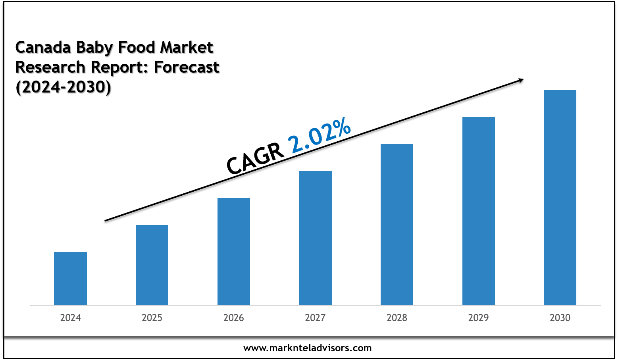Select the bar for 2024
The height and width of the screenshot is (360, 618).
coord(70,278)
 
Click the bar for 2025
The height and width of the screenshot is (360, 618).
coord(152,265)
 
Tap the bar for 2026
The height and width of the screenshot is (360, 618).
coord(234,251)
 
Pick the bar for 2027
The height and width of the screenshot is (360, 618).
coord(315,238)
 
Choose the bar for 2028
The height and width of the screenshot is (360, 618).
coord(397,224)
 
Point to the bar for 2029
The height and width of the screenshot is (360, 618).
coord(479,211)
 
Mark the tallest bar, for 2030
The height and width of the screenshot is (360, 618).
coord(560,197)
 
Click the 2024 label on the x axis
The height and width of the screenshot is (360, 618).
coord(70,318)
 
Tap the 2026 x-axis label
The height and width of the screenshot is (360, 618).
coord(234,318)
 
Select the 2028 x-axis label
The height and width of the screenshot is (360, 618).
coord(397,318)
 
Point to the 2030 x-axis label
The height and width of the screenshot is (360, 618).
coord(560,318)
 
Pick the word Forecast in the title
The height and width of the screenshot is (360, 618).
coord(187,67)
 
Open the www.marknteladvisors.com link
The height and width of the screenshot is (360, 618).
coord(308,348)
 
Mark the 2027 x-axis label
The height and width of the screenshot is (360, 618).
coord(315,318)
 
